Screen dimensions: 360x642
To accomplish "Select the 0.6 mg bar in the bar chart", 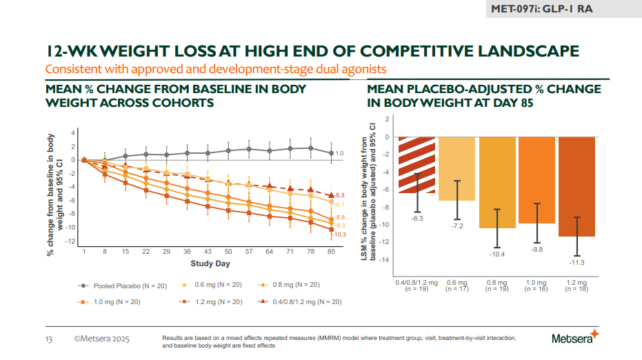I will click(x=457, y=169).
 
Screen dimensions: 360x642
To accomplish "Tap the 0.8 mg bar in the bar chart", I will click(x=496, y=182).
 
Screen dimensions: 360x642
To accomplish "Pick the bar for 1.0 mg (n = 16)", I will click(x=536, y=180).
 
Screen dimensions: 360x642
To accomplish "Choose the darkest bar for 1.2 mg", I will click(x=576, y=186).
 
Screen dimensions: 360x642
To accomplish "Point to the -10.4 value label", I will click(x=496, y=254).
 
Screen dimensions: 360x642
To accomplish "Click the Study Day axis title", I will click(x=210, y=263).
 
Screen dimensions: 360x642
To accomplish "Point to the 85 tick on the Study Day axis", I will click(x=332, y=252).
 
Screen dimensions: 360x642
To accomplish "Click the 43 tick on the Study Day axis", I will click(x=208, y=252).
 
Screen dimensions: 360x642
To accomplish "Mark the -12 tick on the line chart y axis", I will click(x=70, y=241).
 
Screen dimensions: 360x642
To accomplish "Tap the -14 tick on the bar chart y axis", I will click(x=386, y=259).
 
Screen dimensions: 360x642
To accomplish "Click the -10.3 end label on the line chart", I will click(x=339, y=234).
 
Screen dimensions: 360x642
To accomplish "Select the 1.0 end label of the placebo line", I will click(x=339, y=153).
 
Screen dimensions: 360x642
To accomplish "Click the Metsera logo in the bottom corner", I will click(x=575, y=338).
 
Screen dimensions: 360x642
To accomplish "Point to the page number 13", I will click(x=49, y=339).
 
